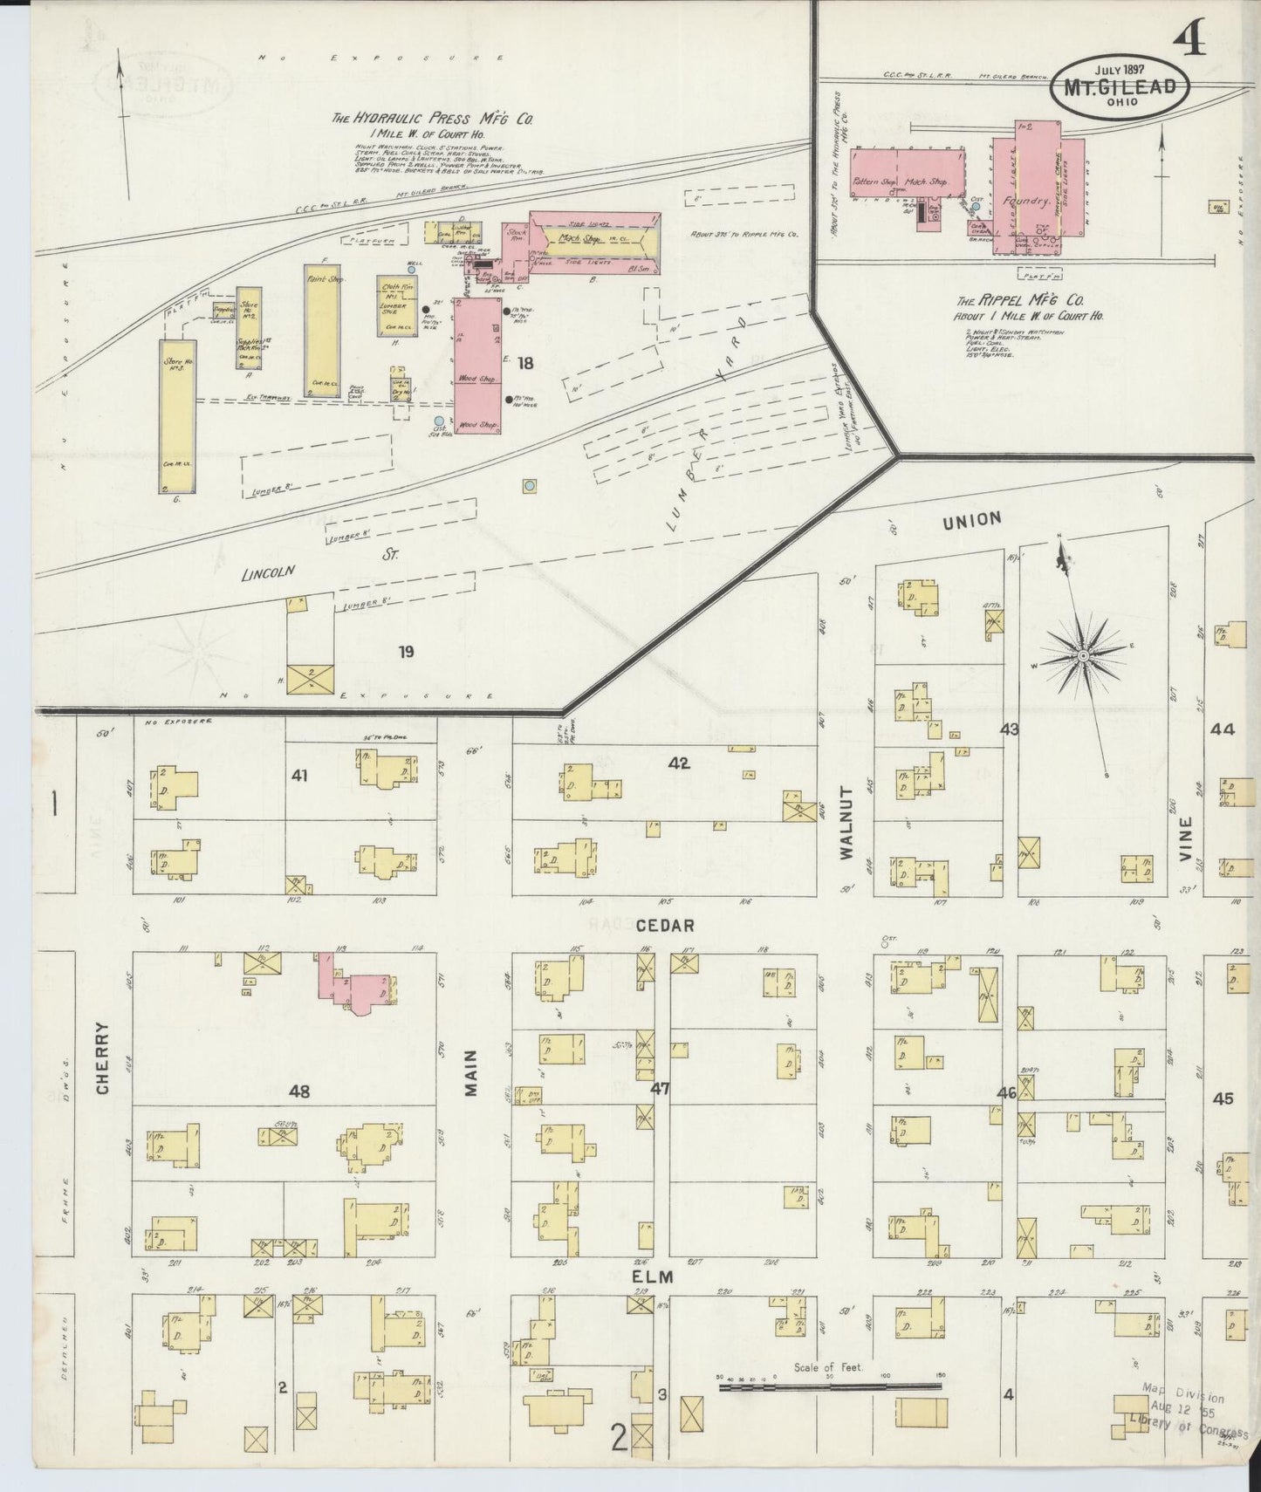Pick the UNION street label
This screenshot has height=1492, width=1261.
click(x=971, y=520)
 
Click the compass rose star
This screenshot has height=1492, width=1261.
click(x=1083, y=654)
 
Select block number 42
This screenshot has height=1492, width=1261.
click(x=678, y=763)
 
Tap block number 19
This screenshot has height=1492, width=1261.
click(x=406, y=651)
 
